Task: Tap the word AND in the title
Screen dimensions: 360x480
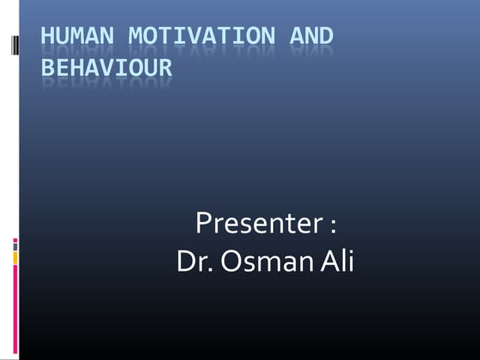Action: point(311,36)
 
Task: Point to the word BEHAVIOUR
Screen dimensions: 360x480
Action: point(106,68)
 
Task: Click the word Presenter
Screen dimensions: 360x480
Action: point(259,224)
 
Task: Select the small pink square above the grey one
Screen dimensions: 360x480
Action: point(15,241)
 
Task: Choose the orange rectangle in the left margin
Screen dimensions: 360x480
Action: point(15,257)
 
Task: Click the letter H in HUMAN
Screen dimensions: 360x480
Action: point(46,36)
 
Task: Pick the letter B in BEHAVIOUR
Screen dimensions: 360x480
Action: point(46,68)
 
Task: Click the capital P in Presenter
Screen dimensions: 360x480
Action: point(202,224)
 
